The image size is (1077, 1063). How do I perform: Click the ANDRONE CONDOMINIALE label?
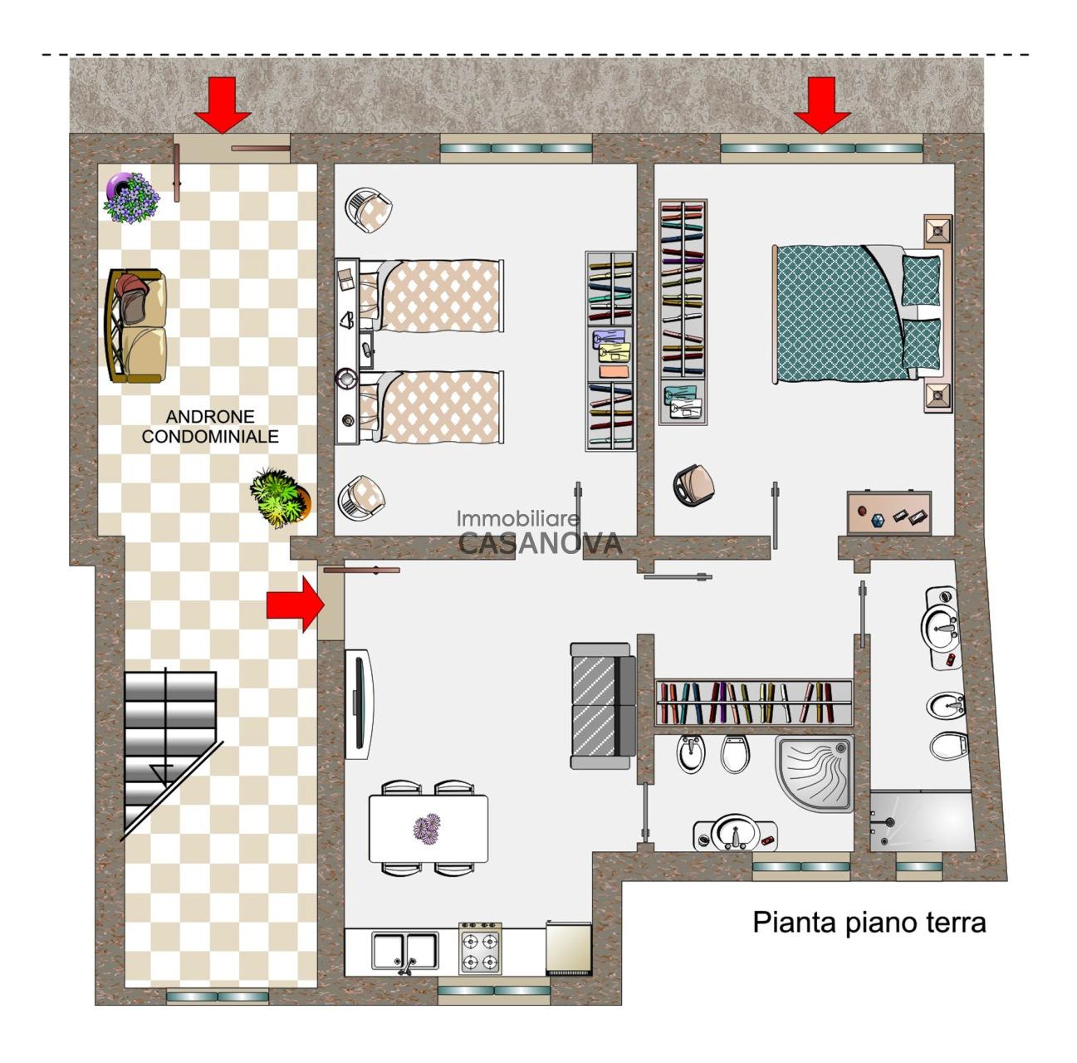pyautogui.click(x=209, y=426)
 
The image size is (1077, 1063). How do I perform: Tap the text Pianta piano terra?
pyautogui.click(x=869, y=923)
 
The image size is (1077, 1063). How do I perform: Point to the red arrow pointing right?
pyautogui.click(x=295, y=605)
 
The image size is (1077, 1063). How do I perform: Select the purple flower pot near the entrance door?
pyautogui.click(x=131, y=198)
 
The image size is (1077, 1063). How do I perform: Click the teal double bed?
pyautogui.click(x=861, y=314)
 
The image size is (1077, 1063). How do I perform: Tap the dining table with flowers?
pyautogui.click(x=428, y=829)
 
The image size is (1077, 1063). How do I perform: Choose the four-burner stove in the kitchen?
pyautogui.click(x=480, y=948)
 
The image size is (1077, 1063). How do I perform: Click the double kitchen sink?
pyautogui.click(x=405, y=950)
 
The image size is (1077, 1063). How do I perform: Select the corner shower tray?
pyautogui.click(x=815, y=773)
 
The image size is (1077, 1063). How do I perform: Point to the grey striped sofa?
pyautogui.click(x=603, y=706)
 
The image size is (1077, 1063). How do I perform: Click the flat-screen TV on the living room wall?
pyautogui.click(x=359, y=703)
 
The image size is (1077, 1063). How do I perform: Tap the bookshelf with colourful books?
pyautogui.click(x=753, y=703)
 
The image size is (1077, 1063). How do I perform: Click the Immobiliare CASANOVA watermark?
pyautogui.click(x=540, y=531)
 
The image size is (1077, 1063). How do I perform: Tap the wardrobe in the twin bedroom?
pyautogui.click(x=610, y=351)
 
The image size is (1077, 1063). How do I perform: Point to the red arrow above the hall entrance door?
pyautogui.click(x=223, y=105)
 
